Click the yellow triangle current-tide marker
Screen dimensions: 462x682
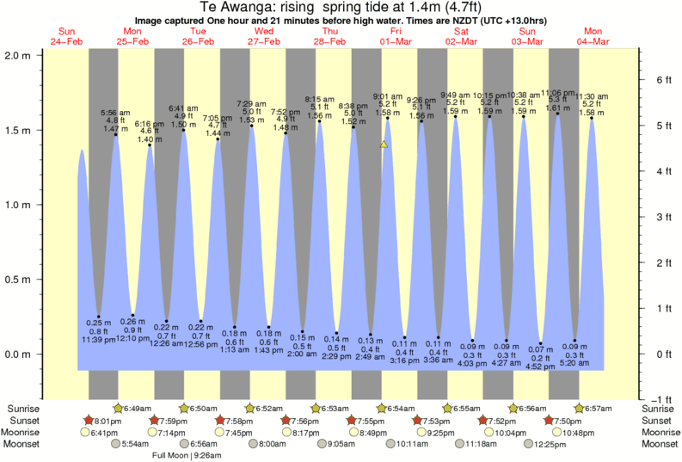tap(384, 145)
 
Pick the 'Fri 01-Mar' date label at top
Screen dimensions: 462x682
tap(396, 36)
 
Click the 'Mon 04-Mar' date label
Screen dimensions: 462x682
tap(593, 36)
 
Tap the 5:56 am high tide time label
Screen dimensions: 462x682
tap(115, 113)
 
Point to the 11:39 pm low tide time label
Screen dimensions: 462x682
tap(99, 341)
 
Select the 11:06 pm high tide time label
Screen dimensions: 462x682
tap(557, 93)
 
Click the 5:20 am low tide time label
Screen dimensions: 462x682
tap(575, 364)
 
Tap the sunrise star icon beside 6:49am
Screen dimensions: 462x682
tap(120, 408)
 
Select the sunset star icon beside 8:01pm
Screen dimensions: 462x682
tap(88, 421)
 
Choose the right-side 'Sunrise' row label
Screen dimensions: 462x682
tap(659, 408)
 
